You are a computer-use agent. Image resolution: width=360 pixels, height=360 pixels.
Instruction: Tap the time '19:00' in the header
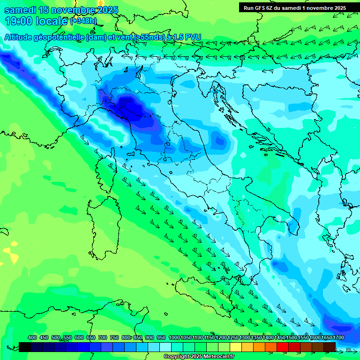click(20, 21)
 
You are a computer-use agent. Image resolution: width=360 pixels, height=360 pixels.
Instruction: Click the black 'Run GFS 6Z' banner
click(294, 7)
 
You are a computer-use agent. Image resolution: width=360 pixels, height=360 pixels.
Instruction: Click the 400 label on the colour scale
click(32, 338)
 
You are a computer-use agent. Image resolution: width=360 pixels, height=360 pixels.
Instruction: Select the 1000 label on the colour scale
click(174, 338)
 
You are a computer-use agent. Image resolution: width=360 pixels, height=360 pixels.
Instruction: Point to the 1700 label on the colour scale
click(338, 338)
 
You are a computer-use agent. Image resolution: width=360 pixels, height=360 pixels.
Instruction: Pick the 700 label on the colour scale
click(103, 338)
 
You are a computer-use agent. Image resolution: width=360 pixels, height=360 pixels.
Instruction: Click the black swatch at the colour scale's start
click(25, 347)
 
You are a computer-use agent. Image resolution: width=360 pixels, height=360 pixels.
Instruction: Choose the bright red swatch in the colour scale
click(283, 347)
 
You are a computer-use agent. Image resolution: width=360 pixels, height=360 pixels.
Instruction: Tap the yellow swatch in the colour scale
click(236, 347)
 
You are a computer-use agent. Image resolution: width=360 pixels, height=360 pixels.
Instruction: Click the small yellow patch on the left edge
click(13, 257)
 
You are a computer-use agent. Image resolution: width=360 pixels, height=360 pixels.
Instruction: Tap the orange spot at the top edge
click(100, 2)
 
